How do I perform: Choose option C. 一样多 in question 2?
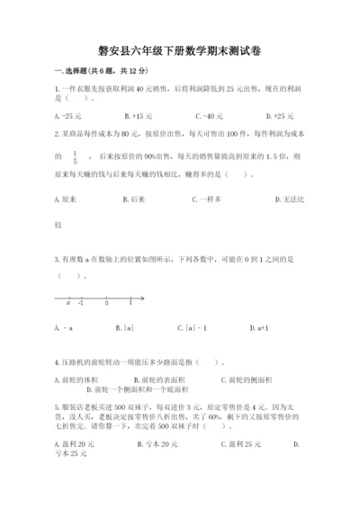212,199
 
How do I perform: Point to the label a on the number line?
67,303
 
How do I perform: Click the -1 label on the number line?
80,303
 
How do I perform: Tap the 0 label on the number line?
106,303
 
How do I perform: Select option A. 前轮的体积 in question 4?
75,380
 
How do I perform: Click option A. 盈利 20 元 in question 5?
74,444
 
